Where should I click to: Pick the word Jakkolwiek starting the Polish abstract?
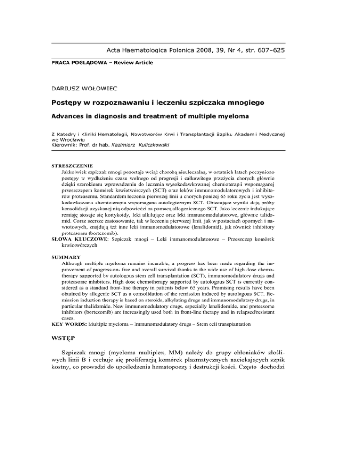pos(78,173)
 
